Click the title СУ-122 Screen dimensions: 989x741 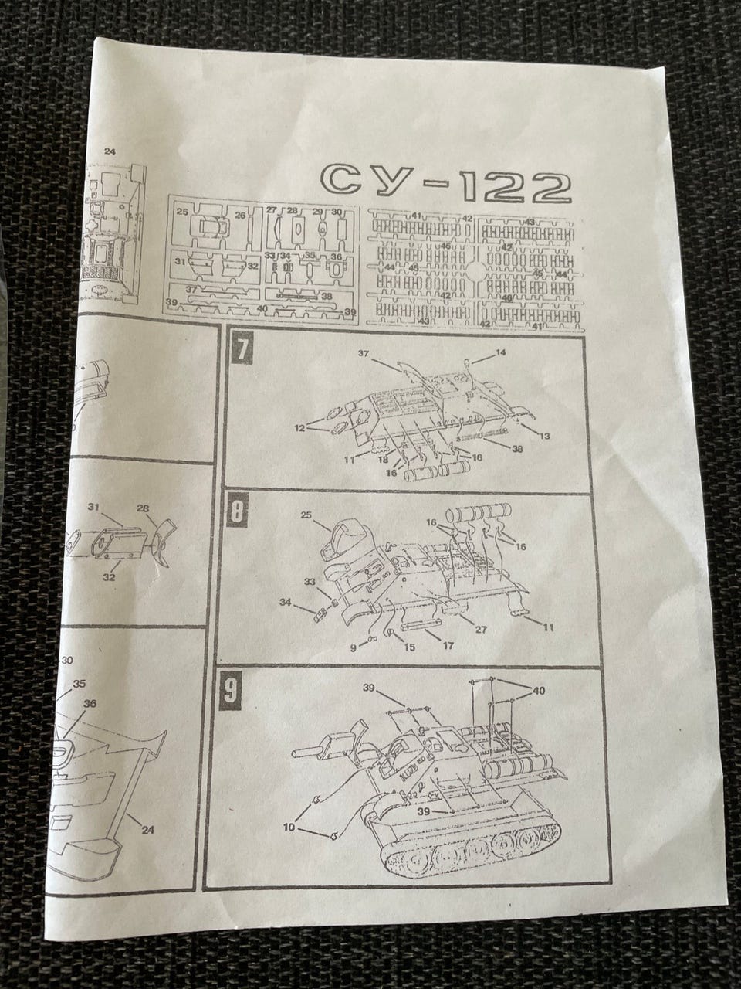(447, 183)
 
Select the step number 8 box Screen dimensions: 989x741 (238, 511)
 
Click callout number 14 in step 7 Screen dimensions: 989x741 (500, 352)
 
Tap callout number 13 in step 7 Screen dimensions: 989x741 (544, 437)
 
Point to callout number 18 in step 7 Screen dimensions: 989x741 (384, 459)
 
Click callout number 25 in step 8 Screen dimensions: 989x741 (306, 514)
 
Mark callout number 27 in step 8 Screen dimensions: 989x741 (480, 630)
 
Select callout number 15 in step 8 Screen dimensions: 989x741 (409, 646)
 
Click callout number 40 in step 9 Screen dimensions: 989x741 (538, 690)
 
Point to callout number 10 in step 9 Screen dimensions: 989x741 (289, 826)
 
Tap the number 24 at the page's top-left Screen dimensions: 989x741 (110, 151)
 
